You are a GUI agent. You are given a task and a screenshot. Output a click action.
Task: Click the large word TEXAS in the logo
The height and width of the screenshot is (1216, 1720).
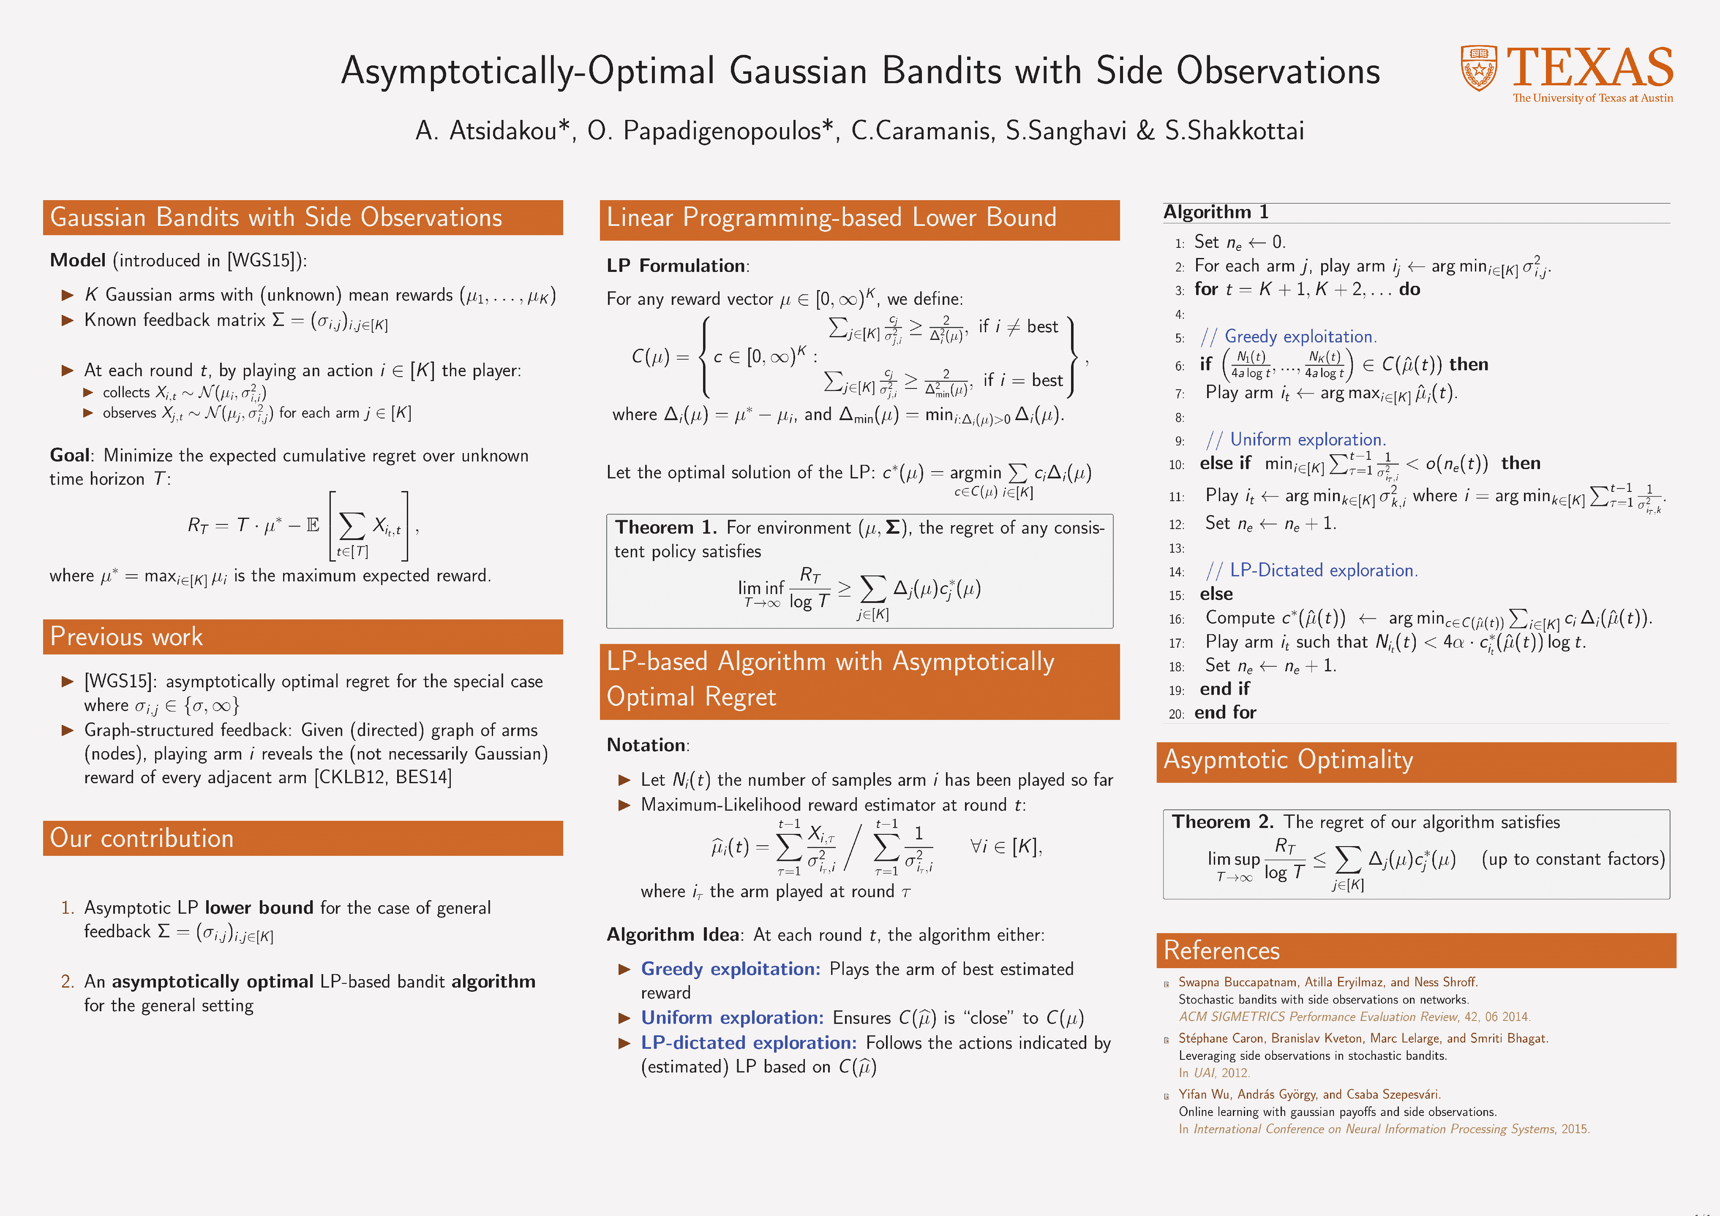(x=1589, y=68)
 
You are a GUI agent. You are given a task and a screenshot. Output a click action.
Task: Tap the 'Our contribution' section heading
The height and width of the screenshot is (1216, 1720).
(x=142, y=838)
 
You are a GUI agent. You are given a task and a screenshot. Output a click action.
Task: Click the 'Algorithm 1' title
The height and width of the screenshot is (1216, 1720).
(x=1215, y=212)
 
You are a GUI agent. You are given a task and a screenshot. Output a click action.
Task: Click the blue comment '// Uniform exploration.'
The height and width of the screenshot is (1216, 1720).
(x=1296, y=440)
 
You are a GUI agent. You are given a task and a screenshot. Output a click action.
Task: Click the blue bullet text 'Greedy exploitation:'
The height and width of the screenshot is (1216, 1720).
(x=731, y=969)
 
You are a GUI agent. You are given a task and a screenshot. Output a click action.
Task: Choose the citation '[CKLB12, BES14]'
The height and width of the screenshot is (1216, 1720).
(x=383, y=777)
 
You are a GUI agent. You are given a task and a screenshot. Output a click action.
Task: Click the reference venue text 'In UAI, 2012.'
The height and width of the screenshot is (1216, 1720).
(x=1213, y=1073)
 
